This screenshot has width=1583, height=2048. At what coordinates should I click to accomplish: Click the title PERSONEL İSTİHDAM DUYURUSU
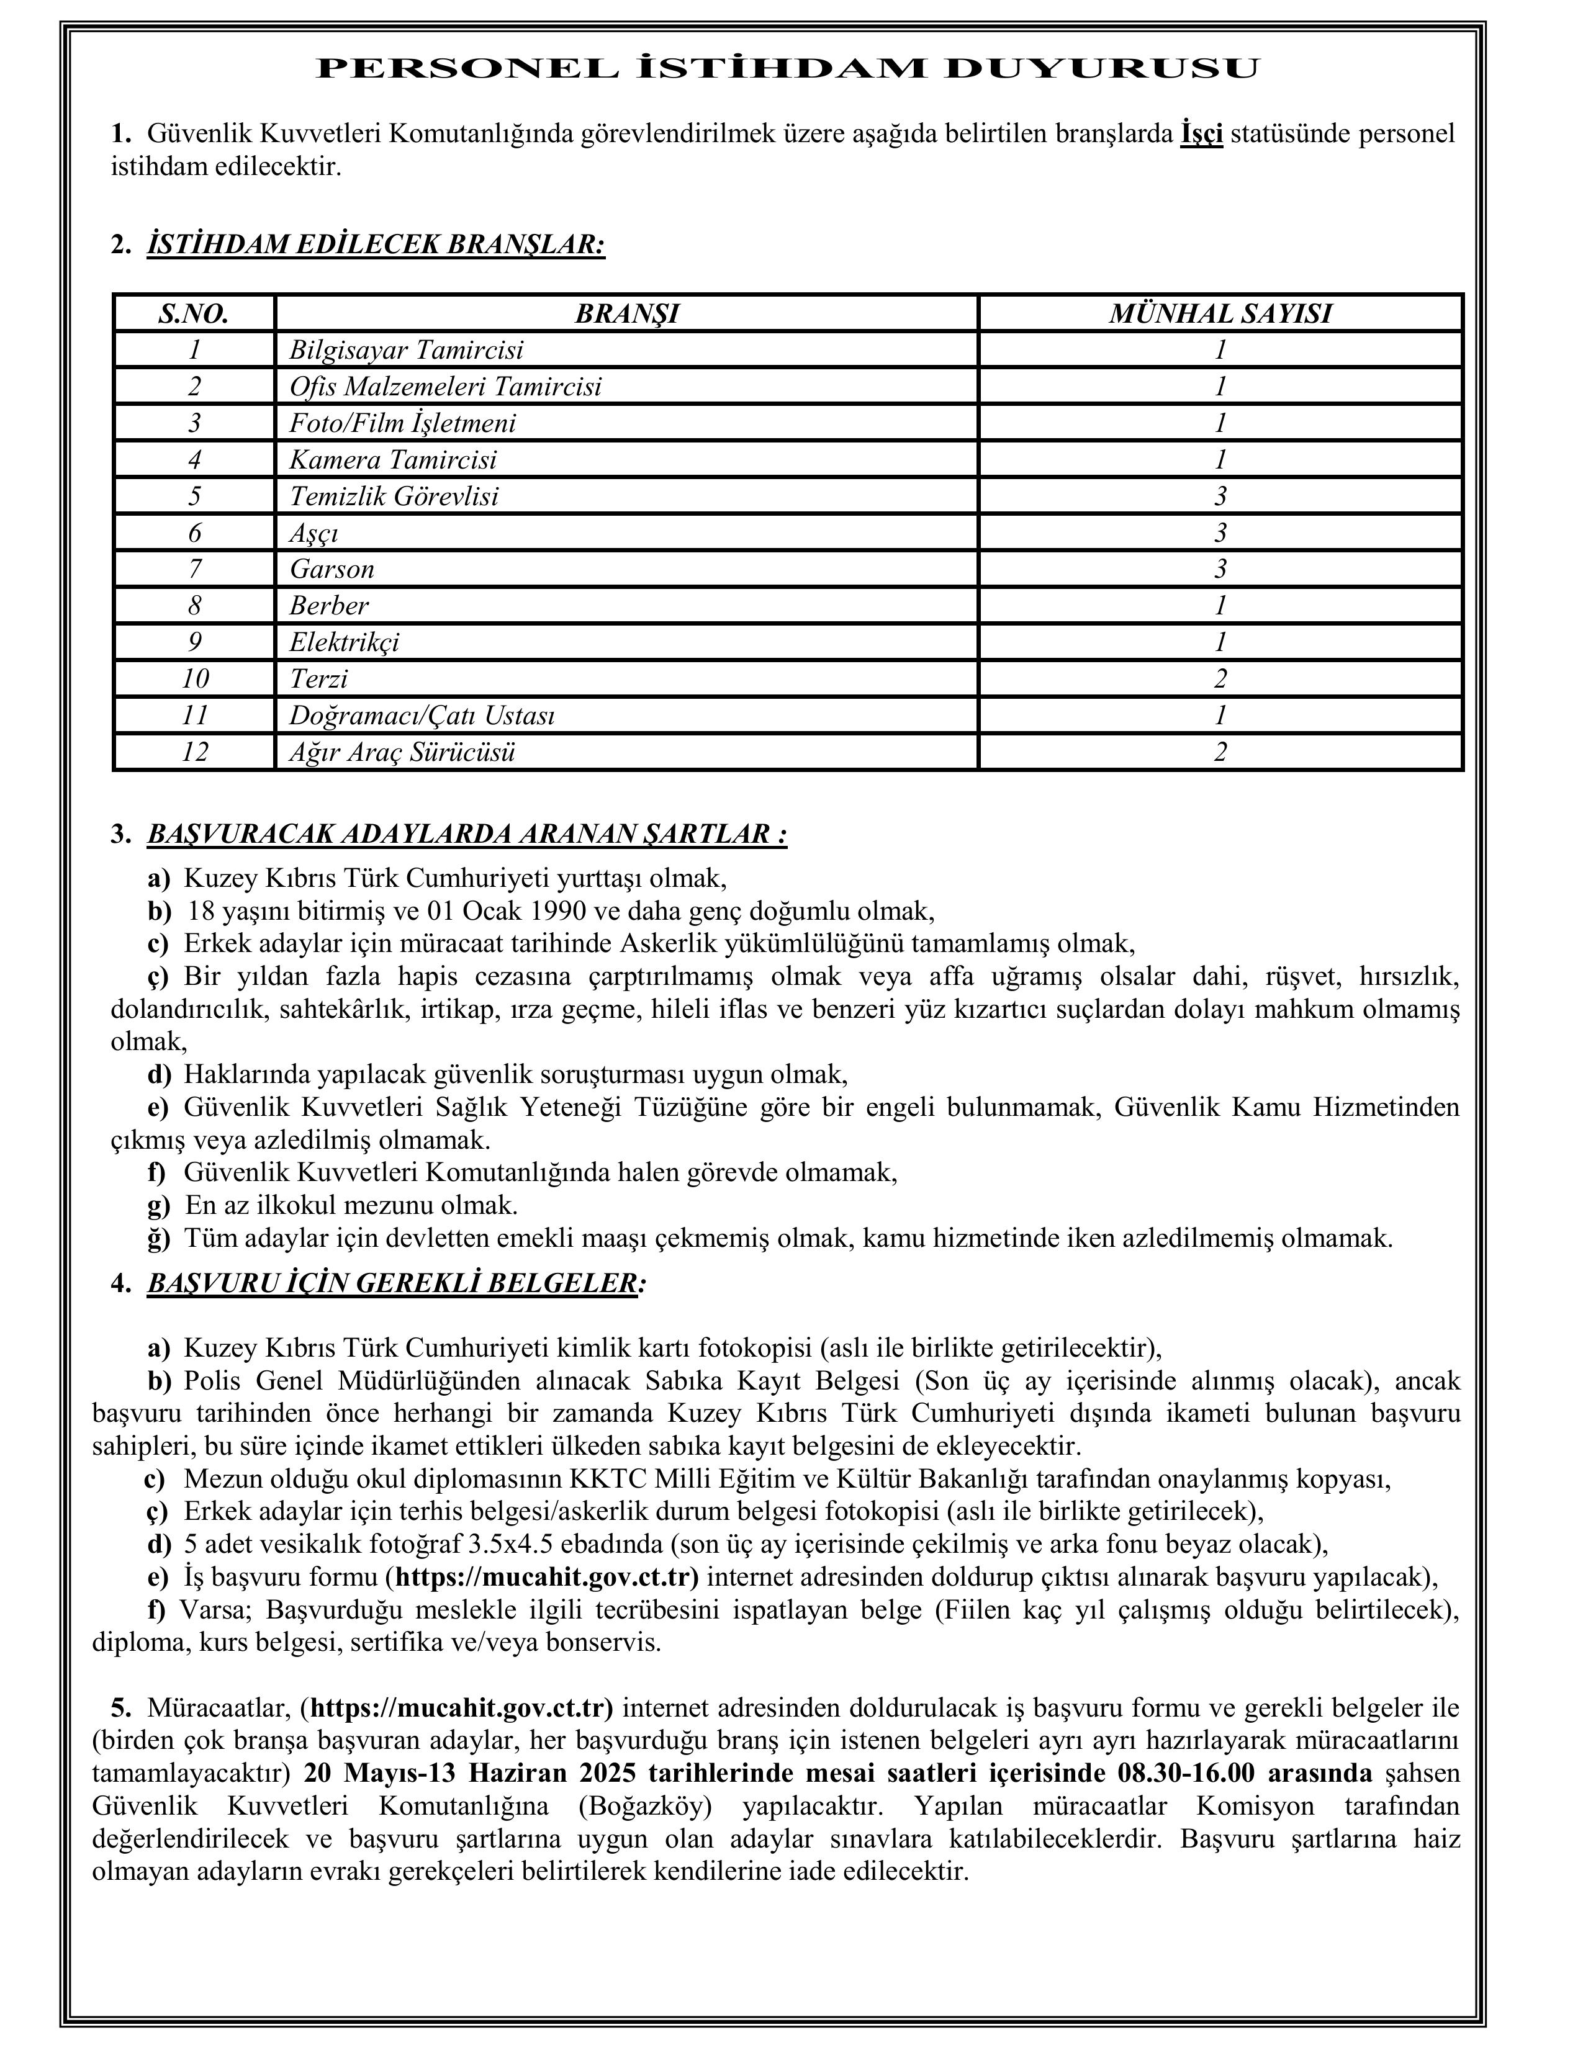(x=788, y=68)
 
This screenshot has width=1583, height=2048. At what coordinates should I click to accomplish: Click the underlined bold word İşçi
(x=1201, y=134)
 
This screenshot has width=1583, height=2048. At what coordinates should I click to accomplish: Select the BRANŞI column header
(x=626, y=313)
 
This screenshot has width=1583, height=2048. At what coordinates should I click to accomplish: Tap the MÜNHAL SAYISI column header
(x=1220, y=313)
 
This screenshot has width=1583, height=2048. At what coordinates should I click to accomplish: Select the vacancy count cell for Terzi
(x=1220, y=678)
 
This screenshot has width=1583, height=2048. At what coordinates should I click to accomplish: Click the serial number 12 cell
(x=194, y=751)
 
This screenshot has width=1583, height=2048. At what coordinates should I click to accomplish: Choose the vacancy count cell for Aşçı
(x=1220, y=532)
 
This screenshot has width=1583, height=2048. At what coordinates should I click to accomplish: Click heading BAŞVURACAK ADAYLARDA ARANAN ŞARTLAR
(x=466, y=833)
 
